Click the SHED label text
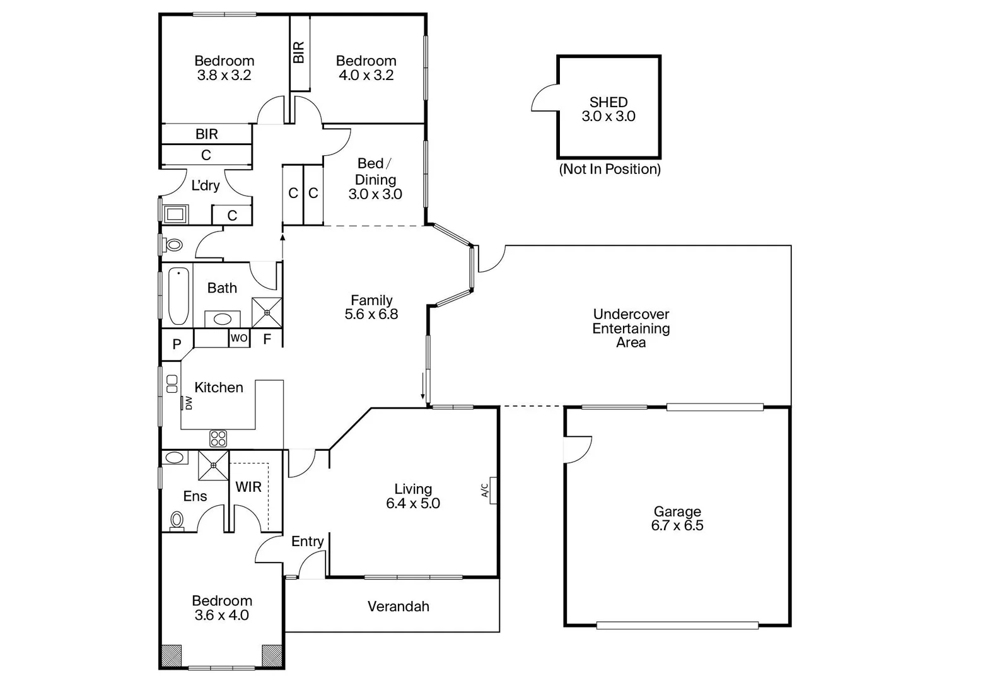click(x=608, y=102)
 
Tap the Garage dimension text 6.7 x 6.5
click(x=677, y=526)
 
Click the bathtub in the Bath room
click(x=178, y=296)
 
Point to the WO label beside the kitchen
click(x=239, y=338)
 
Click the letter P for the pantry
click(x=177, y=345)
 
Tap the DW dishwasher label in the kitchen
click(x=188, y=403)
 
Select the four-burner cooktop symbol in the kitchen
click(x=218, y=438)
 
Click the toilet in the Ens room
click(x=177, y=521)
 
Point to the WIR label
click(x=248, y=487)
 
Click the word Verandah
click(x=398, y=607)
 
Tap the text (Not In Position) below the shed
click(x=609, y=169)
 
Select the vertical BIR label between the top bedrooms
click(x=299, y=52)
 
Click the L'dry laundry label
click(x=205, y=185)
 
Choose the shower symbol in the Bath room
click(x=267, y=312)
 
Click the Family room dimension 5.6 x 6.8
click(x=371, y=315)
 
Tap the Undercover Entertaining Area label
click(x=631, y=328)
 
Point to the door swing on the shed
click(x=544, y=99)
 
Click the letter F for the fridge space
click(x=267, y=339)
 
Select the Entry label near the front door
click(x=307, y=541)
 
